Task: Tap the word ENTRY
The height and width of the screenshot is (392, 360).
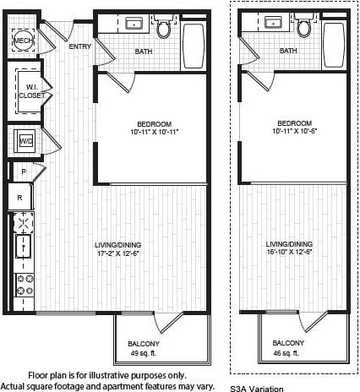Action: (79, 46)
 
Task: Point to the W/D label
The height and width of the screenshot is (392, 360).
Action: (26, 141)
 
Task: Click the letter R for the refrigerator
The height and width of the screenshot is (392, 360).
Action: (20, 197)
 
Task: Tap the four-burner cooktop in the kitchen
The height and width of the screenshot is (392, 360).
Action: (23, 284)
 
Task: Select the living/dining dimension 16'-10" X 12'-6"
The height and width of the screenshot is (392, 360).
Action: (289, 251)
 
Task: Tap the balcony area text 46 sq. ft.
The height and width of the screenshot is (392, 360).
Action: (289, 353)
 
